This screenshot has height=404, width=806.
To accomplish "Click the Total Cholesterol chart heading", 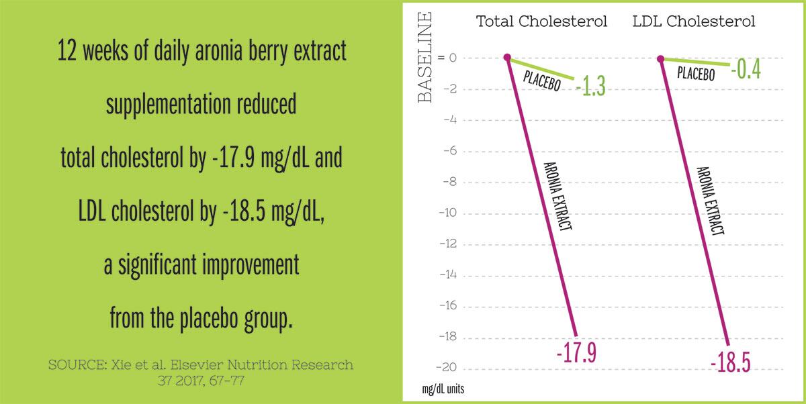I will tap(541, 21).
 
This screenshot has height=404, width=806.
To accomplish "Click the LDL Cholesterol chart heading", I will tap(694, 21).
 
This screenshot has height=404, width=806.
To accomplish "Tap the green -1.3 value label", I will tap(591, 87).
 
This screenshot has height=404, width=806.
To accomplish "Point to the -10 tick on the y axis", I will tap(448, 213).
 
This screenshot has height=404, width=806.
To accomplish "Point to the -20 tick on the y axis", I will tap(448, 368).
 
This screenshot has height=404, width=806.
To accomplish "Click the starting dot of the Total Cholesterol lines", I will tap(508, 58).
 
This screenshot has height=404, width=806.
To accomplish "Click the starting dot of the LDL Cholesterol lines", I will tap(661, 58).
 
